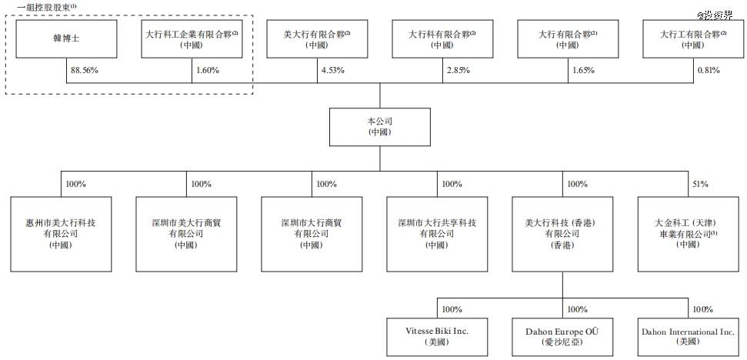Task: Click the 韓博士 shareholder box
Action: point(66,38)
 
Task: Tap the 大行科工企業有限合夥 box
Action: point(192,38)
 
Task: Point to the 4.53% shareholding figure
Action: point(333,71)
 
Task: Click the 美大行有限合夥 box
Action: point(317,38)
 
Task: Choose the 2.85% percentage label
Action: point(459,71)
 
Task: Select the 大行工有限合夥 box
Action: point(692,38)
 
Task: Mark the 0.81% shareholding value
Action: point(709,71)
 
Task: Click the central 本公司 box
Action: point(380,127)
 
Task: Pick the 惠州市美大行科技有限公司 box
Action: point(61,235)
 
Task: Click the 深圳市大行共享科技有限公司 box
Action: point(437,235)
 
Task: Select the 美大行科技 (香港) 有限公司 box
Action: point(562,235)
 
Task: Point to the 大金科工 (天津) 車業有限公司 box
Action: point(688,235)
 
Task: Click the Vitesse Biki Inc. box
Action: point(437,337)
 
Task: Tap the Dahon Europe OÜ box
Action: point(562,337)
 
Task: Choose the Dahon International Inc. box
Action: point(688,337)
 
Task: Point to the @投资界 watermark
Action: point(715,15)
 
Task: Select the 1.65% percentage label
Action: point(584,71)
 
